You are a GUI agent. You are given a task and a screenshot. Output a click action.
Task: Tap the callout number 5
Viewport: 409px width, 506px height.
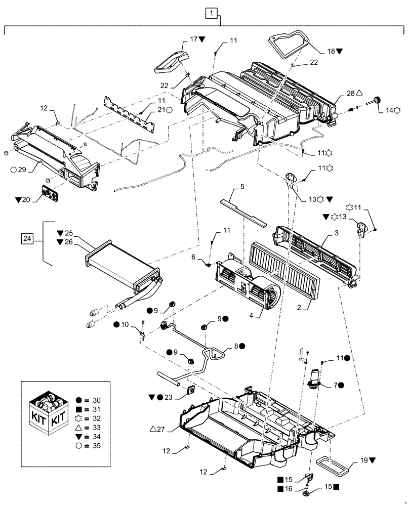click(x=242, y=186)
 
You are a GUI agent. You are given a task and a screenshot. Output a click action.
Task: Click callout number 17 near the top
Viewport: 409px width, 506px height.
click(x=194, y=39)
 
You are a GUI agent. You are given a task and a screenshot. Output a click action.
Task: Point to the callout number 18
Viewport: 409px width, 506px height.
click(x=332, y=51)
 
